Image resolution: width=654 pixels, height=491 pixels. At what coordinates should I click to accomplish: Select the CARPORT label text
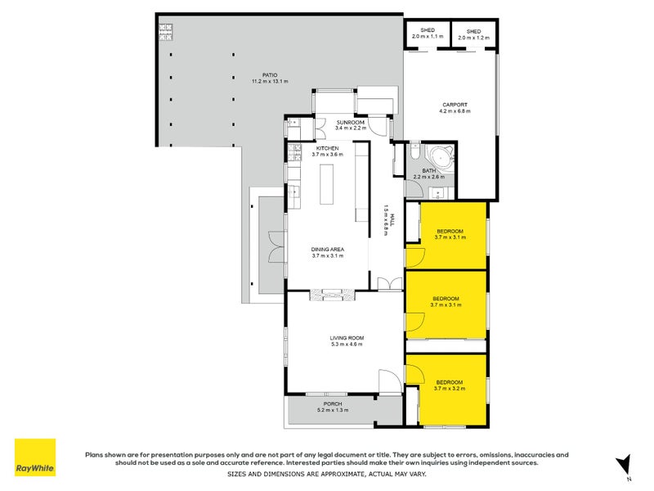pyautogui.click(x=455, y=106)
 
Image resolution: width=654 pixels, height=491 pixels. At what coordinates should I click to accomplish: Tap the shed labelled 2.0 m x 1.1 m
pyautogui.click(x=427, y=34)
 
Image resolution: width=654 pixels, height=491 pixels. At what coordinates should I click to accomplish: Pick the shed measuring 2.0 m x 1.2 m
pyautogui.click(x=473, y=34)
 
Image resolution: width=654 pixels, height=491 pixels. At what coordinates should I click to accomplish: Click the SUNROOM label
pyautogui.click(x=350, y=123)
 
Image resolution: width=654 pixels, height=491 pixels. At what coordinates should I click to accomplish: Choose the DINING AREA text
pyautogui.click(x=327, y=249)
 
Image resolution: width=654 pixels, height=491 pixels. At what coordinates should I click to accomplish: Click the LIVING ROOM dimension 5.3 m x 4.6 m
pyautogui.click(x=347, y=345)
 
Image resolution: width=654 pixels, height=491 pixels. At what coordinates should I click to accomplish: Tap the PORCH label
pyautogui.click(x=332, y=403)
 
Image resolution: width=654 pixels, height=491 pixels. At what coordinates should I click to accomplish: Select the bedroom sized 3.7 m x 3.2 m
pyautogui.click(x=450, y=386)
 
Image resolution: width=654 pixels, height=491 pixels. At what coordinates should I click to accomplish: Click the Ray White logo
pyautogui.click(x=35, y=458)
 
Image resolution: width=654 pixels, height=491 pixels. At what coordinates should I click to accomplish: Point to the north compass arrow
pyautogui.click(x=625, y=465)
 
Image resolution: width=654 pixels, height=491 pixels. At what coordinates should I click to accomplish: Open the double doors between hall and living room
pyautogui.click(x=390, y=284)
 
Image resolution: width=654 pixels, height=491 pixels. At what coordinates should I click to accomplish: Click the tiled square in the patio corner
pyautogui.click(x=167, y=32)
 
